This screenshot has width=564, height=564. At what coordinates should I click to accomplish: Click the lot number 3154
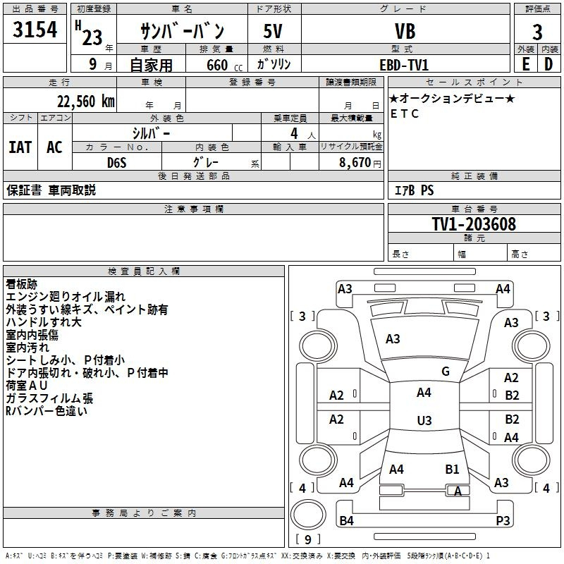pos(35,31)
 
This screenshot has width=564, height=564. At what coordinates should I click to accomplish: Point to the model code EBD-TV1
pos(404,64)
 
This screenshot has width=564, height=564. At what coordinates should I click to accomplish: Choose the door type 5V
pos(274,31)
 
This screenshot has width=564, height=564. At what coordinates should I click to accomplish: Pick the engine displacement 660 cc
pos(217,65)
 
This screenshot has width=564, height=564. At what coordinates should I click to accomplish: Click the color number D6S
pos(116,162)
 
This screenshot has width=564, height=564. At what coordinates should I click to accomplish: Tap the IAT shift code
pos(20,147)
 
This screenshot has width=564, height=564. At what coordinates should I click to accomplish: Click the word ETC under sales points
pos(405,114)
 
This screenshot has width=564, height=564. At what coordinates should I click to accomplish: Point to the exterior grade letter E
pos(525,64)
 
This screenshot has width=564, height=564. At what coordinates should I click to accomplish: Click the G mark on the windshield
pos(445,371)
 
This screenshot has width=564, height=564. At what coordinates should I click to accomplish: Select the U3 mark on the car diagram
pos(424,421)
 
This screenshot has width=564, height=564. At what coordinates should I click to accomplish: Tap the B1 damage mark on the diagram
pos(452,469)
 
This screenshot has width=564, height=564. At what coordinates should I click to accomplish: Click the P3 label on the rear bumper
pos(503,520)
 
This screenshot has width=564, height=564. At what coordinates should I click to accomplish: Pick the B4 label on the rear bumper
pos(346,520)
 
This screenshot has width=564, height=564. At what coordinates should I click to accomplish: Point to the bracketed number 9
pos(307,539)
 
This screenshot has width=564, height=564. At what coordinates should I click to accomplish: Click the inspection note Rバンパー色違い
pos(47,411)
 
